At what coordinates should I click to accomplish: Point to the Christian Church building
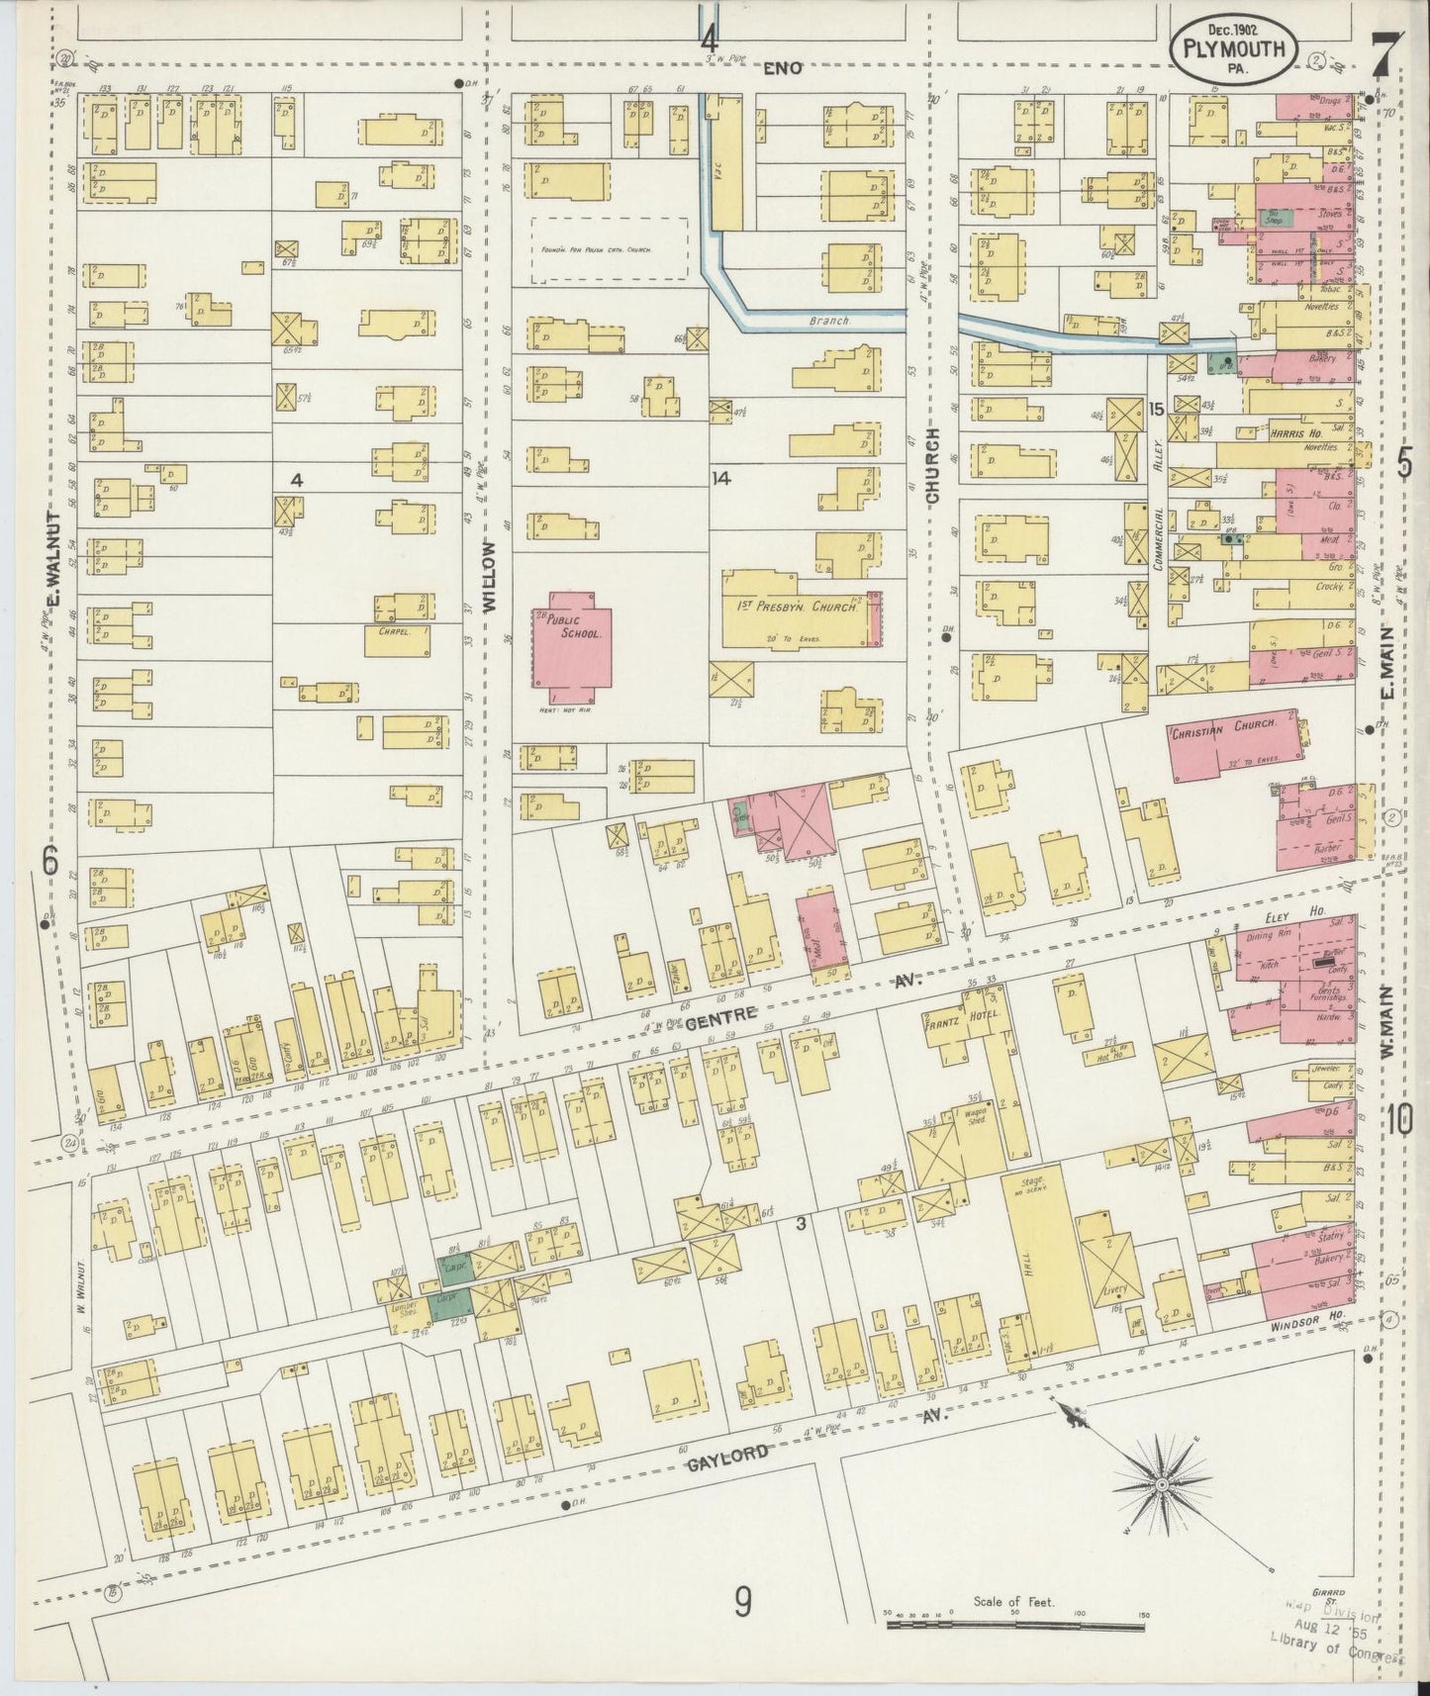[x=1235, y=744]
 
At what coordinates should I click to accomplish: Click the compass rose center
[x=1161, y=1484]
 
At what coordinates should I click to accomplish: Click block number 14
[x=721, y=478]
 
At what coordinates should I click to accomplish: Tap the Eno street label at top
[x=790, y=69]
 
